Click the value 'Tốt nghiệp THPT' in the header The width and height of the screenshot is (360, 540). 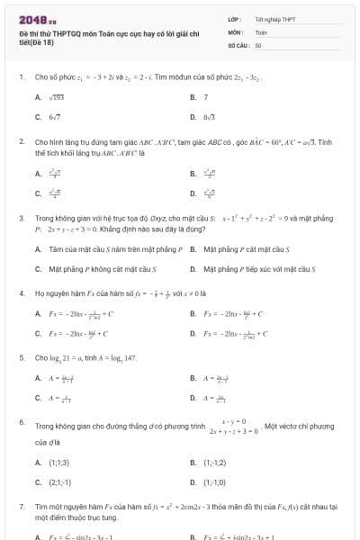coord(275,18)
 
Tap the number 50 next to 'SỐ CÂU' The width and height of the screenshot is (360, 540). coord(258,43)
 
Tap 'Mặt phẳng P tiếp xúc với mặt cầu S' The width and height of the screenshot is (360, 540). coord(256,268)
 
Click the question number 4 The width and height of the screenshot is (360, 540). coord(21,293)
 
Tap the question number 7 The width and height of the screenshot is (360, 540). coord(21,508)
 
